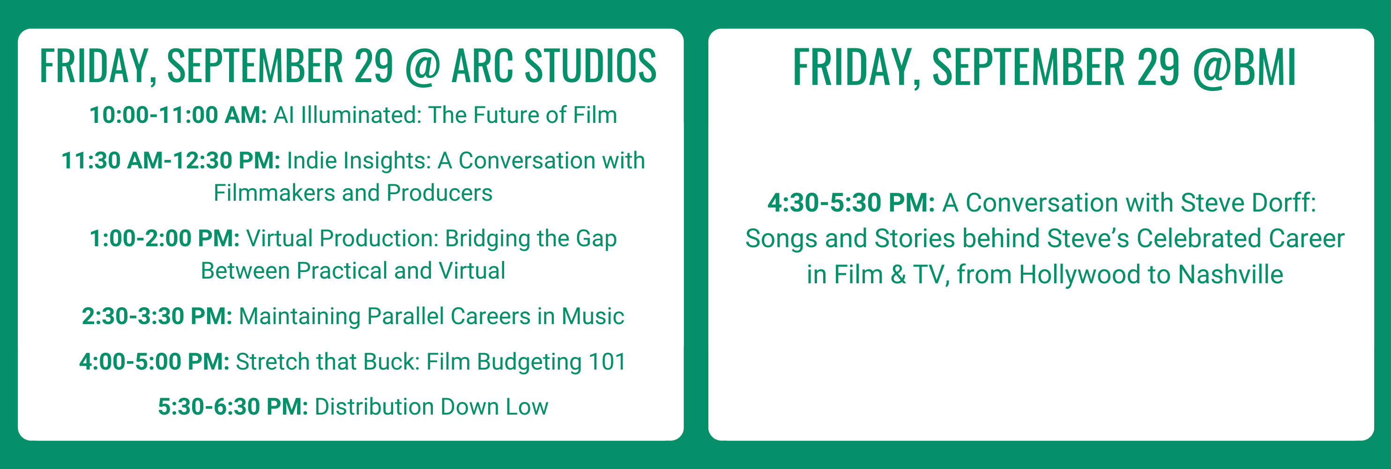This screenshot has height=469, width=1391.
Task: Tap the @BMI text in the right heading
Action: (1244, 68)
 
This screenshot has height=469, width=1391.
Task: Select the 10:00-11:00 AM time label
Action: (178, 115)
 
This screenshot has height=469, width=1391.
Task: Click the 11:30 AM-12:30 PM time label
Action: (171, 160)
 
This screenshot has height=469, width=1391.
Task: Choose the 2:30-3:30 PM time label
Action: (157, 316)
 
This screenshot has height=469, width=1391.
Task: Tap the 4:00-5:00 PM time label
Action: (155, 362)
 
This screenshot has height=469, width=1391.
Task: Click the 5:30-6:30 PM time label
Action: (233, 407)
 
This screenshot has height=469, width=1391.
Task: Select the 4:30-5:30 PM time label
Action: (851, 203)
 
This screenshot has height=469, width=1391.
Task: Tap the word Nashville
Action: (1230, 274)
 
